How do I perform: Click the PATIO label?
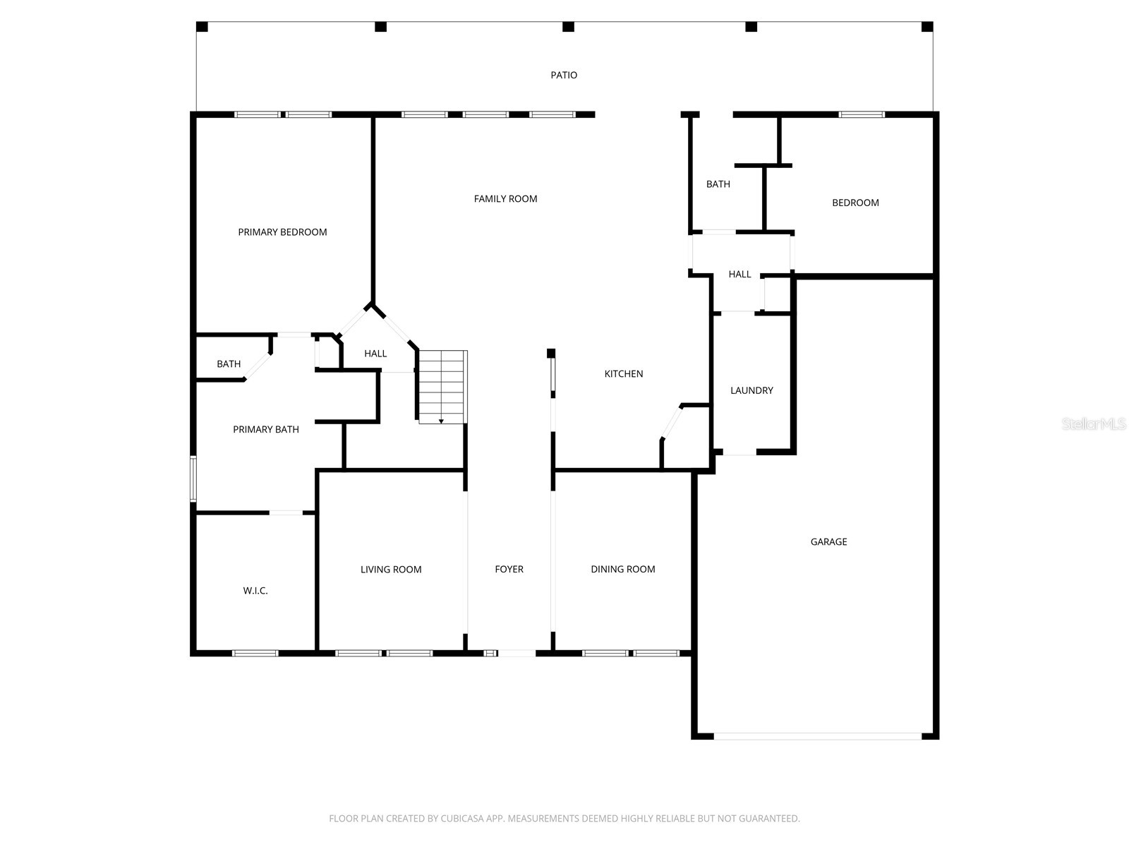tap(564, 75)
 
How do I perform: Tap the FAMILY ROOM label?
tap(505, 199)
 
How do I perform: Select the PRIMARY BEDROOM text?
tap(282, 232)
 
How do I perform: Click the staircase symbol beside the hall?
tap(442, 387)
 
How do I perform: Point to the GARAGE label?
tap(828, 542)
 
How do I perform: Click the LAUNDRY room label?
tap(751, 390)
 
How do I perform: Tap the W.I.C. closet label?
tap(255, 591)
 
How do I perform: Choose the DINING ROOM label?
tap(622, 569)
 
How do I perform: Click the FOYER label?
tap(509, 569)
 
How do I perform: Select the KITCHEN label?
tap(624, 374)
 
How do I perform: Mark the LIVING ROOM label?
tap(391, 570)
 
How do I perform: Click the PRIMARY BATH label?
tap(266, 429)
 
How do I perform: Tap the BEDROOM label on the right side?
tap(855, 203)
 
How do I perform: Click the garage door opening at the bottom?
tap(817, 736)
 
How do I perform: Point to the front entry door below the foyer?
tap(517, 654)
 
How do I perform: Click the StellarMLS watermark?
tap(1093, 423)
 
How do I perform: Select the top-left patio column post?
tap(202, 27)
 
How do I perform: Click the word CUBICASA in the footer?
tap(461, 819)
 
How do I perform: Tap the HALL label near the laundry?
tap(739, 275)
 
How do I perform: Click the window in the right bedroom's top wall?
tap(861, 114)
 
